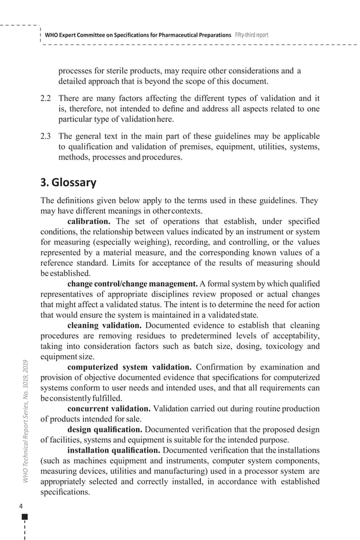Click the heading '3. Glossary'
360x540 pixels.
(68, 183)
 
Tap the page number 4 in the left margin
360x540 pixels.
(22, 506)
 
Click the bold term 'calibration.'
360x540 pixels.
(89, 221)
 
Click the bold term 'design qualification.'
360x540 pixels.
(104, 429)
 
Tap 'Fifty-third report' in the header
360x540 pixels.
(252, 35)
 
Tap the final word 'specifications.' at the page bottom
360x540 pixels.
(65, 491)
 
